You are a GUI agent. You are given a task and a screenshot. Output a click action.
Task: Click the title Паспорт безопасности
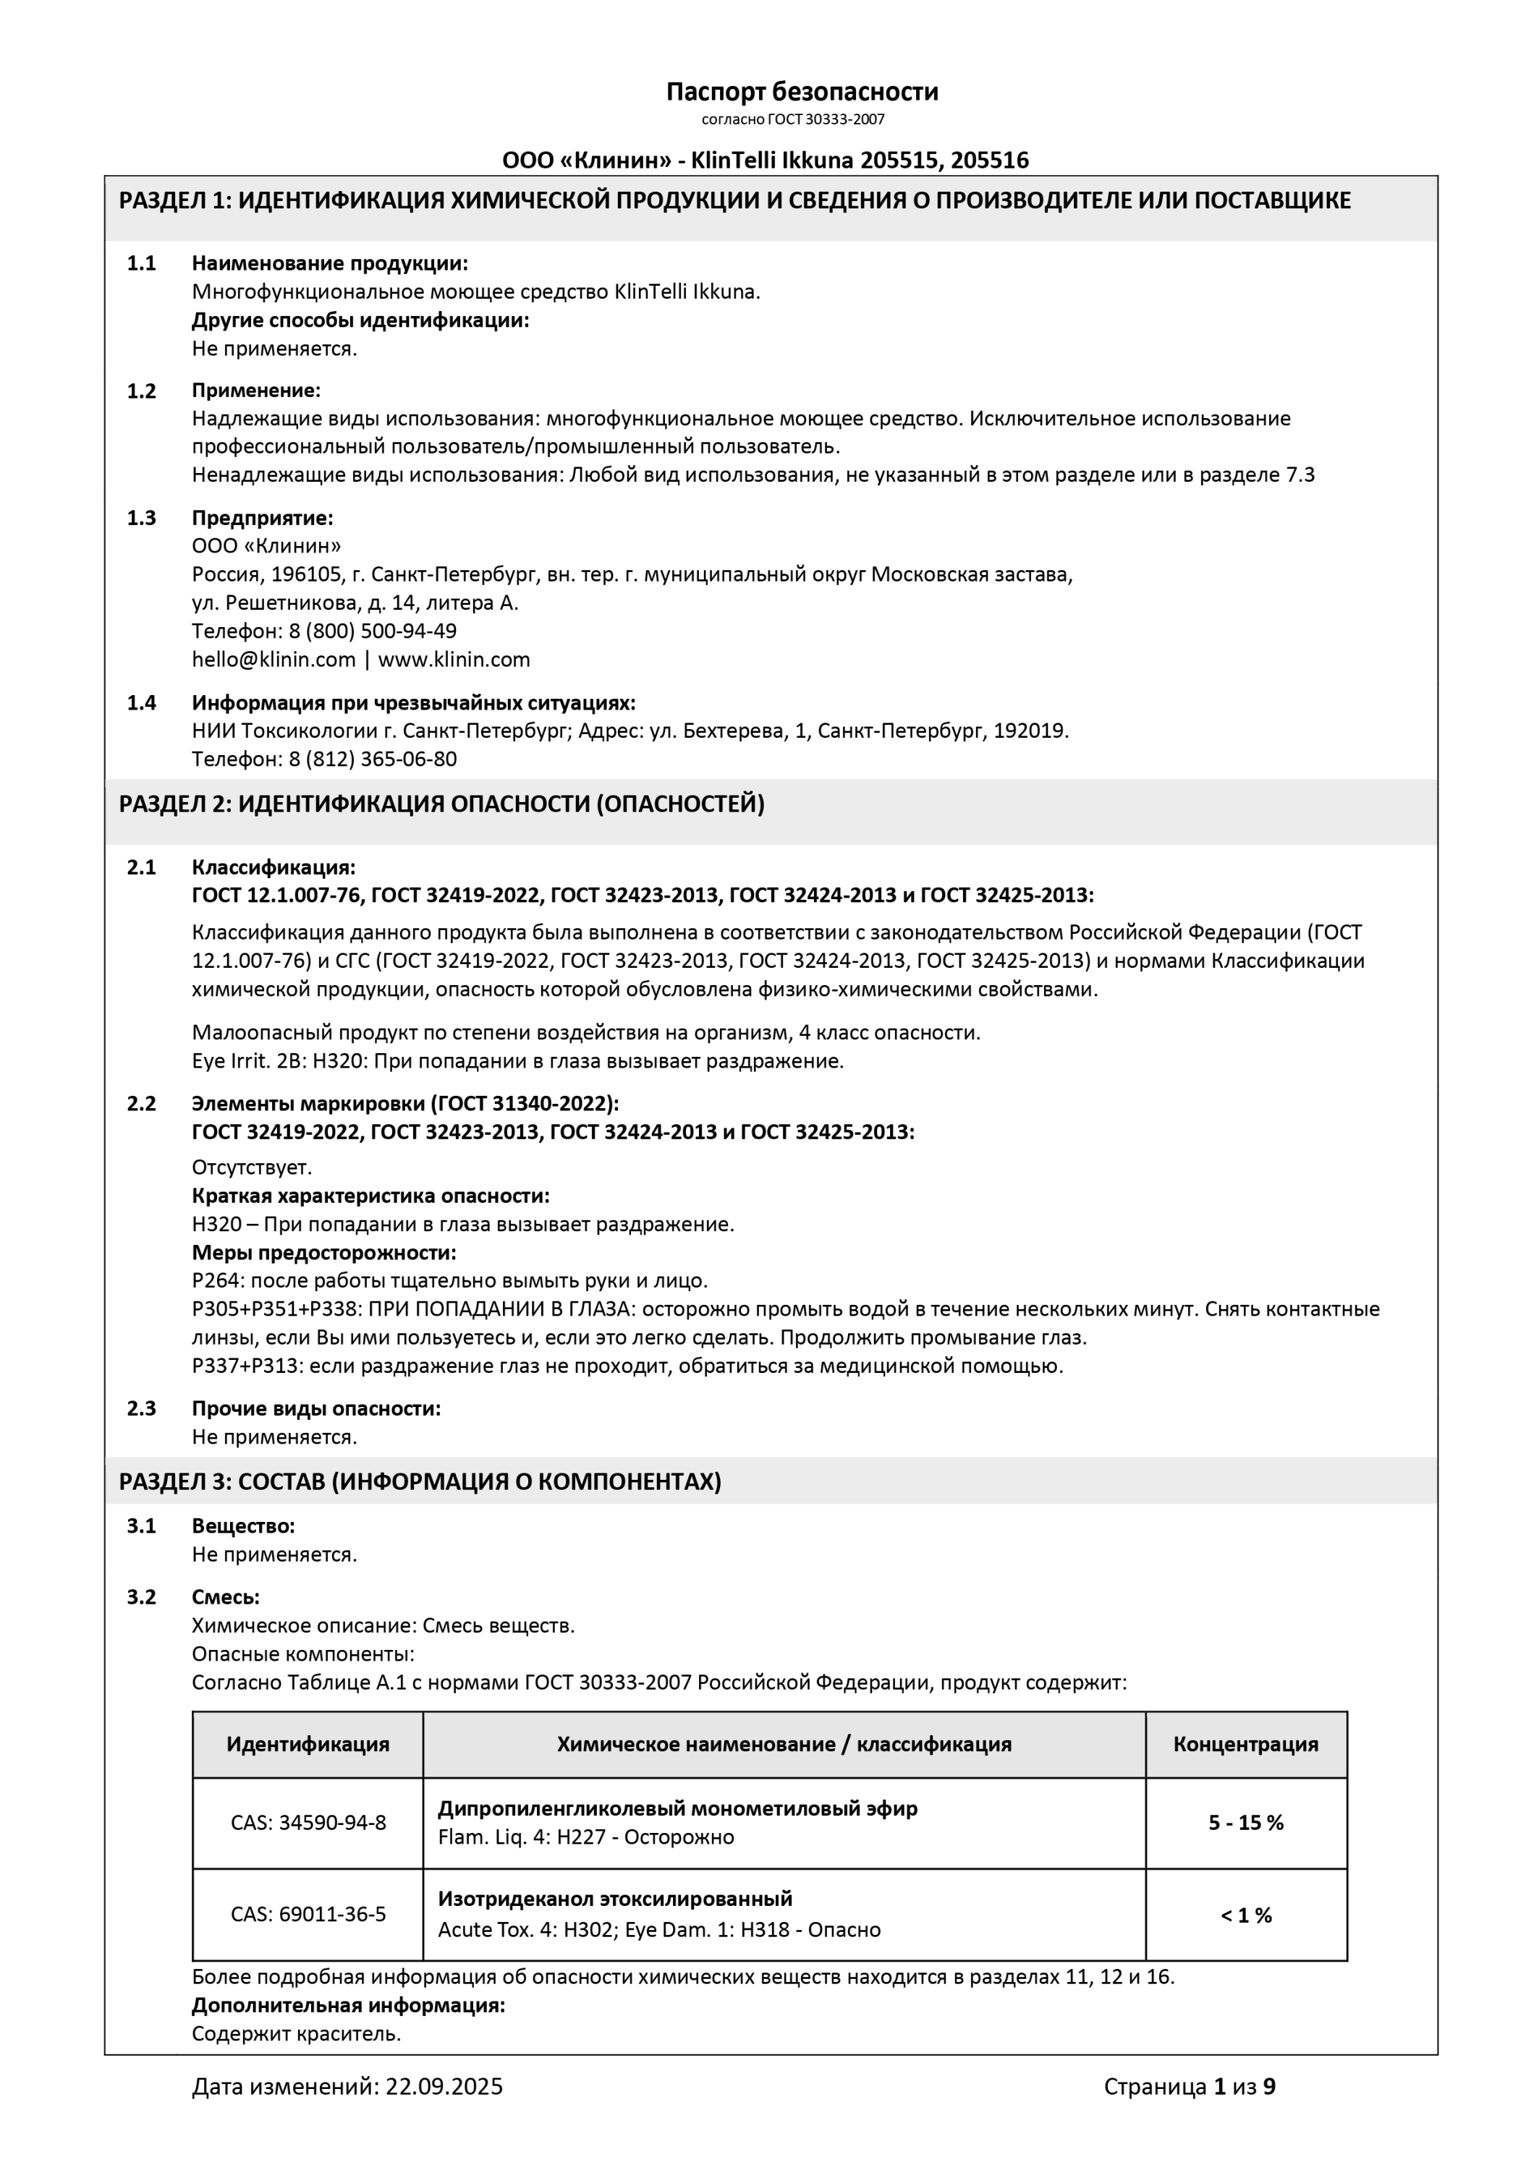pyautogui.click(x=802, y=92)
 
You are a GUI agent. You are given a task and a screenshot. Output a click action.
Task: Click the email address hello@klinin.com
pyautogui.click(x=273, y=660)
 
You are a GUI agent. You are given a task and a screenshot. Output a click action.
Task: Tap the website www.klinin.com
pyautogui.click(x=454, y=660)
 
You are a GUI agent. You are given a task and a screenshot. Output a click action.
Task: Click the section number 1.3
pyautogui.click(x=142, y=518)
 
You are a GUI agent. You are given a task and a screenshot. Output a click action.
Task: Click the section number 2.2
pyautogui.click(x=142, y=1104)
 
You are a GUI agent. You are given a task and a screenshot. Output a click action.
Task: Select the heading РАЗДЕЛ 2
pyautogui.click(x=441, y=804)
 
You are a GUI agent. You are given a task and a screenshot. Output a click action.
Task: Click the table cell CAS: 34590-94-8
pyautogui.click(x=308, y=1823)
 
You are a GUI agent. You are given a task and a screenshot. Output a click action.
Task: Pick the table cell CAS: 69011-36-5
pyautogui.click(x=308, y=1915)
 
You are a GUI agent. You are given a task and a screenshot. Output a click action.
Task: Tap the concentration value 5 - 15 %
pyautogui.click(x=1246, y=1823)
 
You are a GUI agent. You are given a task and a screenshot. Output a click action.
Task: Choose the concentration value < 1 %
pyautogui.click(x=1246, y=1916)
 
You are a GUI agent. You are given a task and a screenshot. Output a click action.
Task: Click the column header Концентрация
pyautogui.click(x=1246, y=1745)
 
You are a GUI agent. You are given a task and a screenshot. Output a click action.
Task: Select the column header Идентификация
pyautogui.click(x=308, y=1745)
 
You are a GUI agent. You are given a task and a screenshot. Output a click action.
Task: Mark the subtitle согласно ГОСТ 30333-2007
pyautogui.click(x=793, y=119)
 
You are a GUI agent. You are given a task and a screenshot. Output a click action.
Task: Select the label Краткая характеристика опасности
pyautogui.click(x=370, y=1196)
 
